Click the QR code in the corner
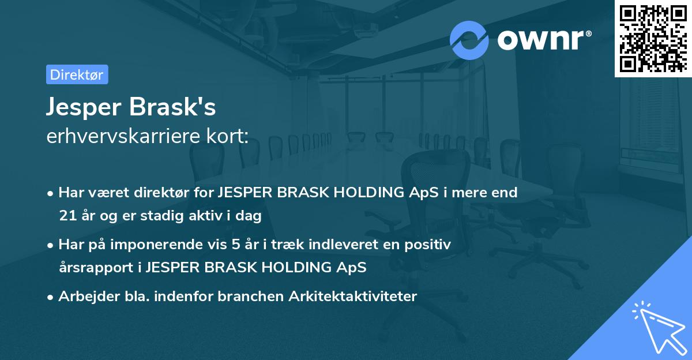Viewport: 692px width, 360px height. [653, 38]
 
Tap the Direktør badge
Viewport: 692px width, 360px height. [77, 74]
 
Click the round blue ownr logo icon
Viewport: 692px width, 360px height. [469, 40]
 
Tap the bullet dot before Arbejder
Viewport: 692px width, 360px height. [51, 297]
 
